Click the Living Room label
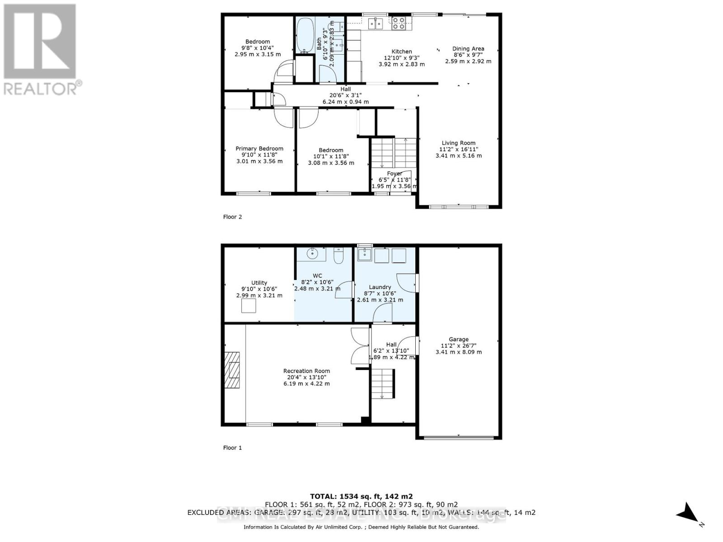point(458,143)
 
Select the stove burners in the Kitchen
point(399,23)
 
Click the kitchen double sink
point(375,23)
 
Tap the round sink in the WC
point(312,254)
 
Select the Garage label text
point(458,339)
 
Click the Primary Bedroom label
point(259,148)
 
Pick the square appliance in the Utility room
point(249,306)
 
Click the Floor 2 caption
point(232,217)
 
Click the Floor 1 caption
point(232,448)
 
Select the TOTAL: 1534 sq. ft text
point(361,496)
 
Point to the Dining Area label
point(468,48)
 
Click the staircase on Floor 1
point(382,383)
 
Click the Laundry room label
point(380,287)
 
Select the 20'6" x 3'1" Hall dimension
point(346,95)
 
